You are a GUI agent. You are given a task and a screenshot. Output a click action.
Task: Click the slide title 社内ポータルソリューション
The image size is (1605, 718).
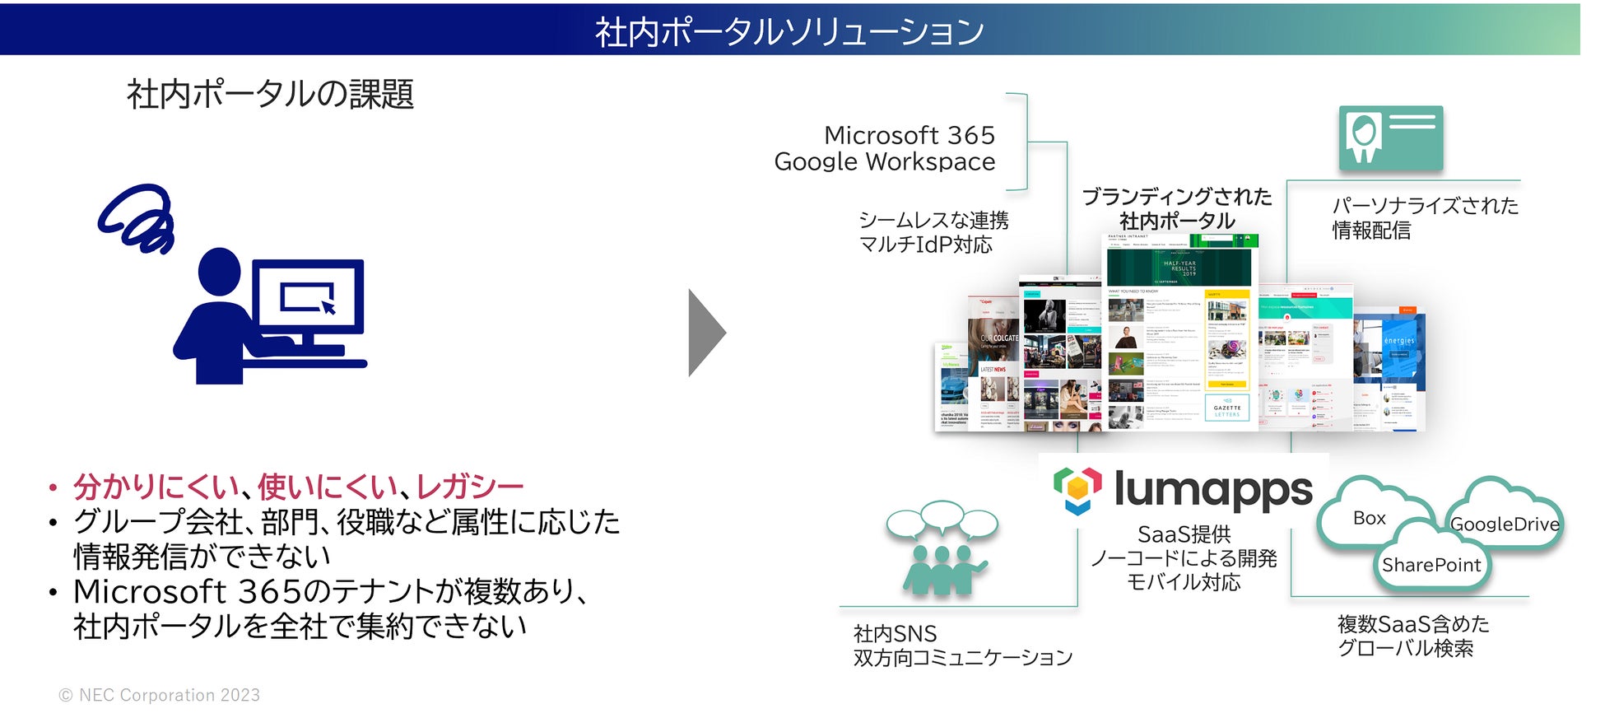[789, 31]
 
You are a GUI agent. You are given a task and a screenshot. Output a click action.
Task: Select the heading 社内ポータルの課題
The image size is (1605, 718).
[270, 94]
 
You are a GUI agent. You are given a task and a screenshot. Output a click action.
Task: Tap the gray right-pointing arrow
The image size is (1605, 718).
[706, 333]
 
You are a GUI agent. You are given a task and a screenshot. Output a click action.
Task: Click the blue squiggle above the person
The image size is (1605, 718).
[139, 217]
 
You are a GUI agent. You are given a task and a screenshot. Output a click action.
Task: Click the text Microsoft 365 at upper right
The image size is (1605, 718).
[909, 135]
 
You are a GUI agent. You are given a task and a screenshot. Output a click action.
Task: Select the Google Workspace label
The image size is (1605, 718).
[884, 162]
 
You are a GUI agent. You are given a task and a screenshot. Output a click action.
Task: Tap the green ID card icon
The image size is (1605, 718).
[1390, 138]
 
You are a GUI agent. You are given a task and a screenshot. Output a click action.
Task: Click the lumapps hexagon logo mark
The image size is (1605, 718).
[1077, 490]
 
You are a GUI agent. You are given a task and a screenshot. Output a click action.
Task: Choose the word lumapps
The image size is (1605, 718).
[1212, 490]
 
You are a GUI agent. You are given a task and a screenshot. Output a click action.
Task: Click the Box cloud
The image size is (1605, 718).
[1369, 518]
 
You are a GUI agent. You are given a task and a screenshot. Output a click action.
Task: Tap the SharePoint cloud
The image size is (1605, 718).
[1431, 565]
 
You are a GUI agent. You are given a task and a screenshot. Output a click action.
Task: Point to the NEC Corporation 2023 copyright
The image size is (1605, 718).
[160, 695]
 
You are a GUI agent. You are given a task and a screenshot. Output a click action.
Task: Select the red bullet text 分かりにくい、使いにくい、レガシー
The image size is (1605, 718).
[298, 487]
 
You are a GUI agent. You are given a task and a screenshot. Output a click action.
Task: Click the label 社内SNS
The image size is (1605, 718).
[895, 634]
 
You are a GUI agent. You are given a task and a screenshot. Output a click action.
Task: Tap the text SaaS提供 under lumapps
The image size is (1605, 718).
[1184, 534]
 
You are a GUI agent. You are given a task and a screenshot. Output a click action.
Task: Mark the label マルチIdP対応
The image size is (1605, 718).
[925, 245]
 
